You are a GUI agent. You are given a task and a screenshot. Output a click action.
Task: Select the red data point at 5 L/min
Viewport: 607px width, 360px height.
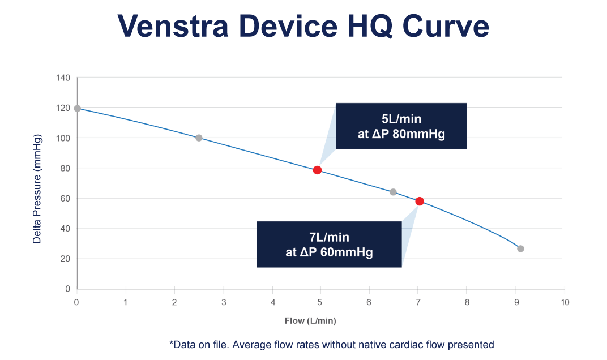click(317, 170)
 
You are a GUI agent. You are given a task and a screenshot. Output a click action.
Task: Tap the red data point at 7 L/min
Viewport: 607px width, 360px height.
click(419, 202)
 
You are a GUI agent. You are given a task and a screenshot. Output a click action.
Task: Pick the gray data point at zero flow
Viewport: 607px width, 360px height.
click(77, 108)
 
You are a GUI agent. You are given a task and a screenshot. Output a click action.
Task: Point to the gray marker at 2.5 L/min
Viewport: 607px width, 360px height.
click(199, 138)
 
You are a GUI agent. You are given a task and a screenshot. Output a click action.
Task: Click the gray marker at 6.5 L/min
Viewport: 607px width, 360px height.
click(393, 192)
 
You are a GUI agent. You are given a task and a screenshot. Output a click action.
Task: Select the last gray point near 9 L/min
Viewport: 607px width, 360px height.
click(520, 248)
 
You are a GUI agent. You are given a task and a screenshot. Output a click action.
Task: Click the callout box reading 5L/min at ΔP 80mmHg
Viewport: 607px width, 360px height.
click(401, 126)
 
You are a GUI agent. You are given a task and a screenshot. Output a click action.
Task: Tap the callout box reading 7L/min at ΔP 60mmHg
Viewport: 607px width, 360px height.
click(329, 244)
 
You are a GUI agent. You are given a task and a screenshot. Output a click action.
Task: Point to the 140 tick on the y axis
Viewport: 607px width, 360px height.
click(64, 78)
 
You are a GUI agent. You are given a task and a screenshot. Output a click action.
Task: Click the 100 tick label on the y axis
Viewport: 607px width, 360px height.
click(64, 138)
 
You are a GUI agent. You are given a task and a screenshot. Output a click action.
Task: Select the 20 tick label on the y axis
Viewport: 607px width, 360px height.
click(66, 259)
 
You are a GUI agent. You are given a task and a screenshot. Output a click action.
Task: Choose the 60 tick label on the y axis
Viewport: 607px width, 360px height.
click(66, 198)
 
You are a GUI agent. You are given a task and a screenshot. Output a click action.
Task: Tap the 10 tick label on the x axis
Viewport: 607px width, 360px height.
click(564, 303)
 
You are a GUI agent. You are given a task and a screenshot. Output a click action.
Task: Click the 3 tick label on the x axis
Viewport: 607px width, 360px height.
click(224, 303)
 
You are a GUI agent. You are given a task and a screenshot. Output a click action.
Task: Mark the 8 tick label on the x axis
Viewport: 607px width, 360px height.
click(467, 303)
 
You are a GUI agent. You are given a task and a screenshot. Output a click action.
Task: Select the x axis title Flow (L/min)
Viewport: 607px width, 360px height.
click(310, 321)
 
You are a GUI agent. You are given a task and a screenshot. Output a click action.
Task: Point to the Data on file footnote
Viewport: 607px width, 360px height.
click(331, 344)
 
